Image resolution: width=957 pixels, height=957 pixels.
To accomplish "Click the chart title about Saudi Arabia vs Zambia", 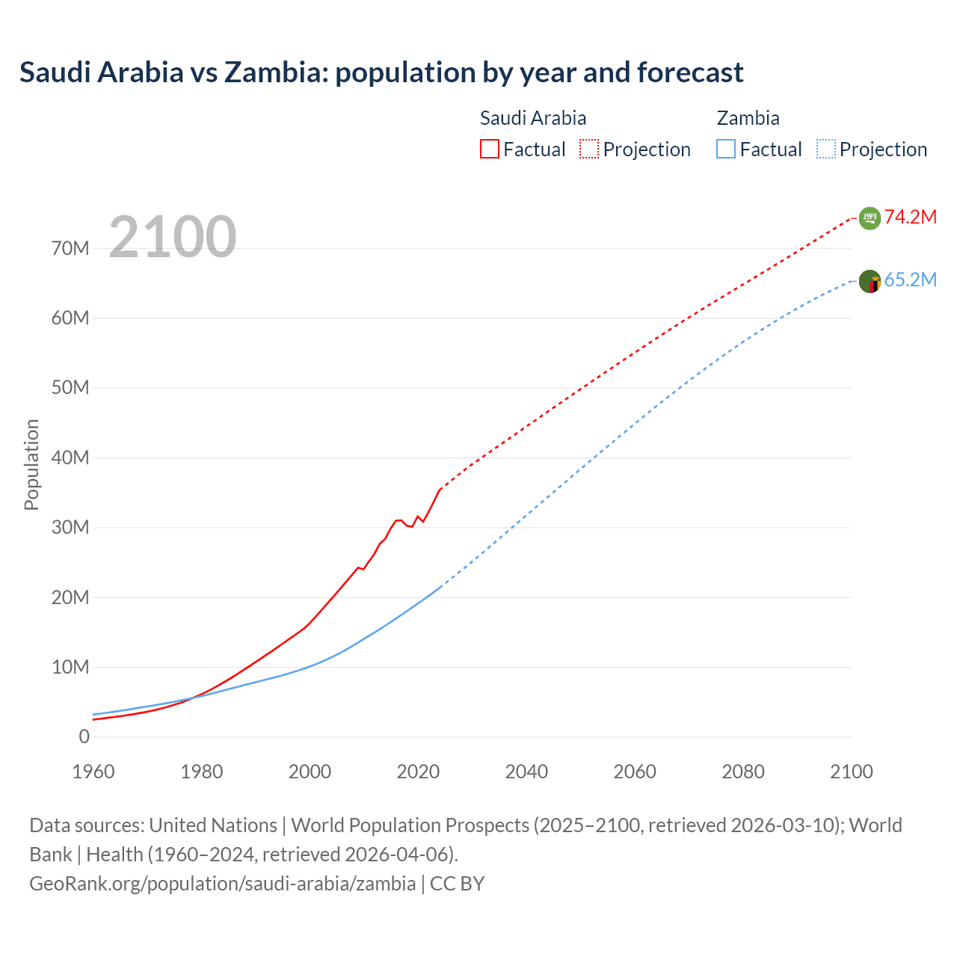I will (x=381, y=73).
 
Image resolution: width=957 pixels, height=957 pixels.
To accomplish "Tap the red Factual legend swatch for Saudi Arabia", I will (x=489, y=149).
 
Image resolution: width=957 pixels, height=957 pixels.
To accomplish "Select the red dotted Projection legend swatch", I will (x=589, y=149).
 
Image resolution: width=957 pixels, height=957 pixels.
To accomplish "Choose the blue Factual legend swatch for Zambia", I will (x=725, y=149).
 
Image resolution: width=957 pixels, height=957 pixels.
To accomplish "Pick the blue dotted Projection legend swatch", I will (x=826, y=149).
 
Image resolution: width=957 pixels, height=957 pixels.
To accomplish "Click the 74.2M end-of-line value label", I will (x=910, y=217).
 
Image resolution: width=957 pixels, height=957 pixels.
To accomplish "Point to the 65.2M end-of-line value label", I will (x=910, y=280).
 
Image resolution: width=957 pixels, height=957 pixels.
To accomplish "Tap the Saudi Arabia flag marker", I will (x=870, y=218).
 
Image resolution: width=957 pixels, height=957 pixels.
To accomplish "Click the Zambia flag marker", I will (x=870, y=282).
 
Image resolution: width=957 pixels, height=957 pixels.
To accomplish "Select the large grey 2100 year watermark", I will (x=173, y=237).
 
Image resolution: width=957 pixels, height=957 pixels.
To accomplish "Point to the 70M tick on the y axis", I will (x=70, y=248).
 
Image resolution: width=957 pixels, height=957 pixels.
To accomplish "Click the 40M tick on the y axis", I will (x=70, y=458).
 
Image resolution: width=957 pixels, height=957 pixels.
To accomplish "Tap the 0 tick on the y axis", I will (x=84, y=736).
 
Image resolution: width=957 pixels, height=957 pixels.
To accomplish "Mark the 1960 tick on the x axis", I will (x=93, y=772).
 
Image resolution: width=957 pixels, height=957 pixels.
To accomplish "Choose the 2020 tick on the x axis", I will (x=418, y=772).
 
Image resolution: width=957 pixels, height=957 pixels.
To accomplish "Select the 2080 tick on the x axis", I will (x=743, y=772).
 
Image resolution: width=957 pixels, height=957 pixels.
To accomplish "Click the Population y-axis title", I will (x=31, y=464).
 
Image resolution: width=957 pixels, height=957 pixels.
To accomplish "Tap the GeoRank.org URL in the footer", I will (x=222, y=883).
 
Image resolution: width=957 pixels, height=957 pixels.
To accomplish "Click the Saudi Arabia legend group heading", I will (x=532, y=118).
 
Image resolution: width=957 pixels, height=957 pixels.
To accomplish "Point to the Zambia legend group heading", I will (x=748, y=118).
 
